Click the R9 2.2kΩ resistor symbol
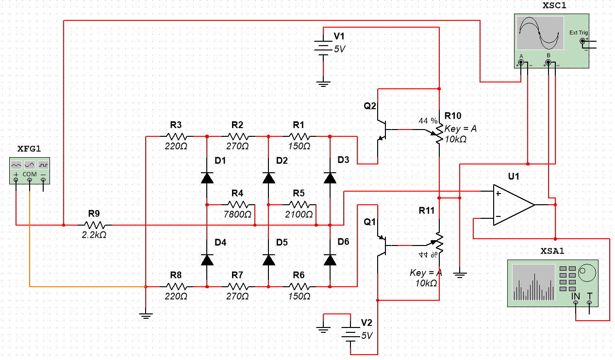point(95,225)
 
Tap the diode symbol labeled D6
point(330,260)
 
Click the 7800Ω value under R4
point(238,214)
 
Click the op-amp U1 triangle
point(513,205)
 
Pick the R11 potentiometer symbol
point(438,242)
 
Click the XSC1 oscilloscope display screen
point(540,33)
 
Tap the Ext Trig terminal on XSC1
point(582,42)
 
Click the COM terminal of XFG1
point(30,180)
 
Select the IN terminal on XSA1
point(575,302)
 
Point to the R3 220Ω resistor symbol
point(176,136)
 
